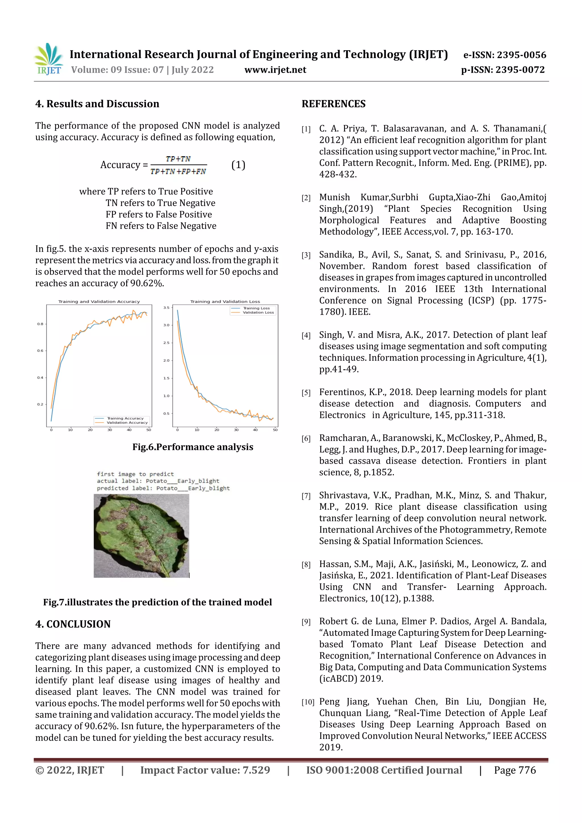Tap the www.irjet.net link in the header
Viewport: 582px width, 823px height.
pyautogui.click(x=275, y=70)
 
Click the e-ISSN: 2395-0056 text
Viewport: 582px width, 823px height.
pyautogui.click(x=504, y=55)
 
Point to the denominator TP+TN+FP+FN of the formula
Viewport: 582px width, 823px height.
pyautogui.click(x=178, y=172)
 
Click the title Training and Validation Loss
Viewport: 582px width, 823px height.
pyautogui.click(x=225, y=301)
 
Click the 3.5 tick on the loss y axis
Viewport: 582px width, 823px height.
pyautogui.click(x=167, y=308)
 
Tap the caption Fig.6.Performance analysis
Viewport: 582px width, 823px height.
pyautogui.click(x=193, y=447)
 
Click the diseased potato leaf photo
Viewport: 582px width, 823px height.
pyautogui.click(x=141, y=536)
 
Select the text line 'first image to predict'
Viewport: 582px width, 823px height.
pyautogui.click(x=135, y=474)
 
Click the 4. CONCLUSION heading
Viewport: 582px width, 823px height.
pyautogui.click(x=73, y=624)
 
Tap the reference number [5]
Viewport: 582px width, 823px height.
pyautogui.click(x=306, y=393)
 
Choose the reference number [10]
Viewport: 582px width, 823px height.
pyautogui.click(x=308, y=702)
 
